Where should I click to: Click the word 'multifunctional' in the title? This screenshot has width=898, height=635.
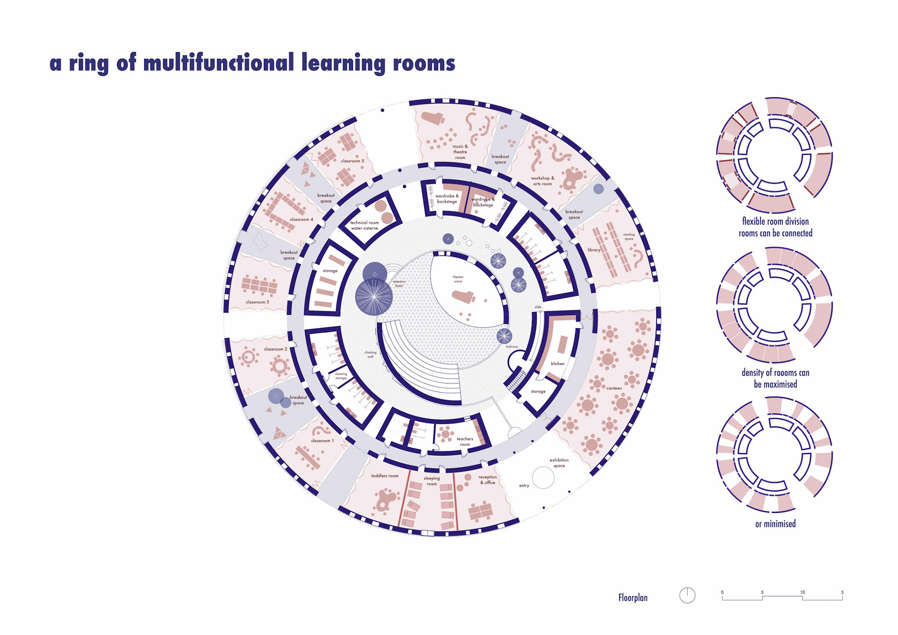[218, 63]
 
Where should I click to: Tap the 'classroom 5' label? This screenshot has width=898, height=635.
[352, 161]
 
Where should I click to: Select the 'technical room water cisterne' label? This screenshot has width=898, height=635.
[364, 226]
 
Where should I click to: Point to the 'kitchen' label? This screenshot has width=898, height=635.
[558, 364]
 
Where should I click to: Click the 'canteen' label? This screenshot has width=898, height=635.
[614, 388]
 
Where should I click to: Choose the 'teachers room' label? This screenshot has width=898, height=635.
[465, 441]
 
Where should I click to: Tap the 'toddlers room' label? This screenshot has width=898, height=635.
[385, 476]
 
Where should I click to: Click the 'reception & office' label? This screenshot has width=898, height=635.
[487, 480]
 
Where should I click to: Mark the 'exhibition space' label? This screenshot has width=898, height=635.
[559, 463]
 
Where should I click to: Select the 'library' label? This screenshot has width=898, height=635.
[594, 250]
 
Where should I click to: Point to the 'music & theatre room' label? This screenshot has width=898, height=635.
[460, 152]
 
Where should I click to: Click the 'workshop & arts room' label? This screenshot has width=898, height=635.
[543, 181]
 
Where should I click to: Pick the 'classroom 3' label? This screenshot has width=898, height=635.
[257, 302]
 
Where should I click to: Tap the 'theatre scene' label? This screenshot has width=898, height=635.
[458, 279]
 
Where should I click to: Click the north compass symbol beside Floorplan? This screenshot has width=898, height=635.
[687, 595]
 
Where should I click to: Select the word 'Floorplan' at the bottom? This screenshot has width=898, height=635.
[633, 598]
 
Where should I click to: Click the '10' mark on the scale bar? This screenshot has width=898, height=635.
[802, 592]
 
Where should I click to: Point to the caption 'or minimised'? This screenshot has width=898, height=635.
[775, 524]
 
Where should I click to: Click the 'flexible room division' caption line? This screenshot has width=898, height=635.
[775, 221]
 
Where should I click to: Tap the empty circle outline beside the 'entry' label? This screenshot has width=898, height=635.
[543, 478]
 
